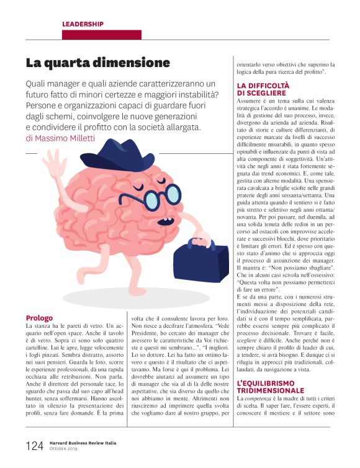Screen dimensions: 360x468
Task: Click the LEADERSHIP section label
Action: tap(83, 24)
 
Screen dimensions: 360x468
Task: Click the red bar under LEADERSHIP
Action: tap(101, 35)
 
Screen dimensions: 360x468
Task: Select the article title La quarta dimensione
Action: tap(97, 63)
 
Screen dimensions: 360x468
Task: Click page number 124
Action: tap(35, 446)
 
